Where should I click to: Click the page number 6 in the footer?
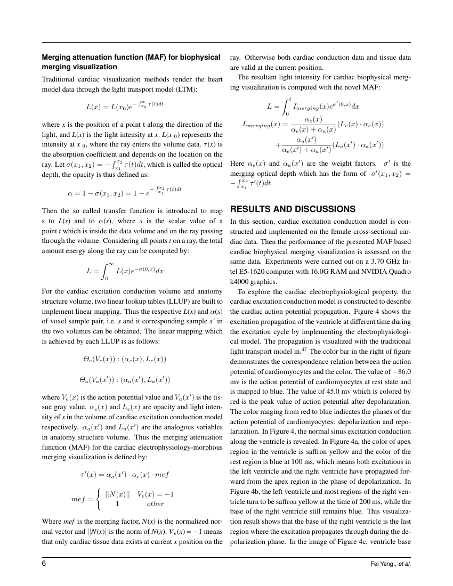click(x=44, y=564)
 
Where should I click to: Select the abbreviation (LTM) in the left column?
click(x=186, y=89)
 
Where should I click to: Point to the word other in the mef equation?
click(x=156, y=503)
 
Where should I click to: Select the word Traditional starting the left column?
click(x=60, y=79)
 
